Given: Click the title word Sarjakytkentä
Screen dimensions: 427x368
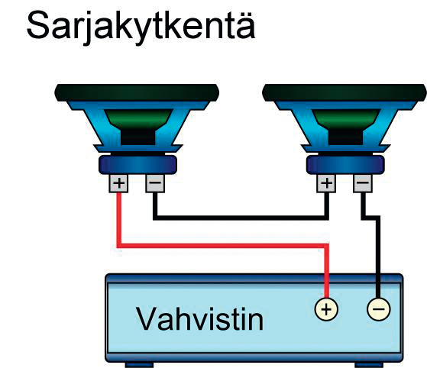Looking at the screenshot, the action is coord(141,27).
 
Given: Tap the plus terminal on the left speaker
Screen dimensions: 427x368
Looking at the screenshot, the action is coord(118,183).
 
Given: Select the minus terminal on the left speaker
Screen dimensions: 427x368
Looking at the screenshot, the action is coord(155,183).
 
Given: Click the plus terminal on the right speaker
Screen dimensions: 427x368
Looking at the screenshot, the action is coord(326,183).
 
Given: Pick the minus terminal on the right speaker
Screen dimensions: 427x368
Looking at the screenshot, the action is coord(363,183).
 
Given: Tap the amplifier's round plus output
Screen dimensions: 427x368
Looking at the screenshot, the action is coord(326,309).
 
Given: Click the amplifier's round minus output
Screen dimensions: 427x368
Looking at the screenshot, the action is coord(379,309).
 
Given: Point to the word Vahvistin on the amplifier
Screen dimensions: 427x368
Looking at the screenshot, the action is coord(199,318).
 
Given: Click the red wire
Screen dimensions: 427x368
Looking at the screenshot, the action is coord(223,246).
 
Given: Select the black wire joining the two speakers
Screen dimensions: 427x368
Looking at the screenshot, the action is coord(241,218).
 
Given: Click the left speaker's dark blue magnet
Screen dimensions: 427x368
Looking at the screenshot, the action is coord(137,165).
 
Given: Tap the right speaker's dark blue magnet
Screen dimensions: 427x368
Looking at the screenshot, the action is coord(345,165).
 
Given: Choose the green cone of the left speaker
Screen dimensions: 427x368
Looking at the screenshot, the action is coord(138,120).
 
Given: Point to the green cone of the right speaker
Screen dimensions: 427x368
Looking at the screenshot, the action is coord(346,120).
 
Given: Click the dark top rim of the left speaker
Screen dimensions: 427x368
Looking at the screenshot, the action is coord(137,93).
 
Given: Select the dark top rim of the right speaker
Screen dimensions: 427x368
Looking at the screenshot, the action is coord(345,93).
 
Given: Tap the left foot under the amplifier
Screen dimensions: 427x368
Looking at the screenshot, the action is coord(139,365).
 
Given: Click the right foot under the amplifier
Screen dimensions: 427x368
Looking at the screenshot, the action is coord(369,365).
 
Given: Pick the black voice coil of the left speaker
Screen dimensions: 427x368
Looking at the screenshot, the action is coord(138,137).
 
